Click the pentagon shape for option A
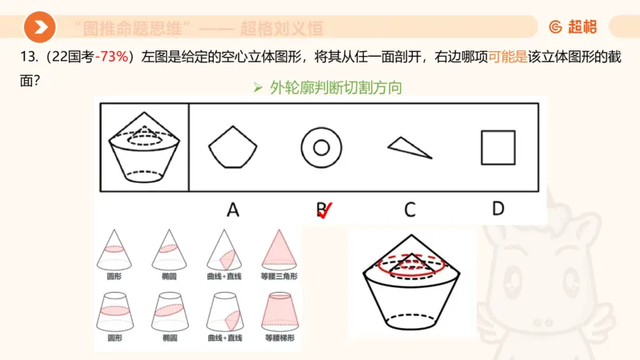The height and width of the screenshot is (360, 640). click(x=233, y=147)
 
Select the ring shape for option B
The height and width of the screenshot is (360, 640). click(x=322, y=147)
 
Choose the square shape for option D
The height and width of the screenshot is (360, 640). click(x=498, y=147)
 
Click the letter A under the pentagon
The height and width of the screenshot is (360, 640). click(x=233, y=210)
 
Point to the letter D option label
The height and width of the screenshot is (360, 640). click(x=498, y=209)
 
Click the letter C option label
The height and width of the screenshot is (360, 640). click(x=410, y=210)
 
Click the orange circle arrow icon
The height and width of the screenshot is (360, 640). click(x=38, y=28)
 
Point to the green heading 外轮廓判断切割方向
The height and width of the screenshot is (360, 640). click(x=335, y=88)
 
